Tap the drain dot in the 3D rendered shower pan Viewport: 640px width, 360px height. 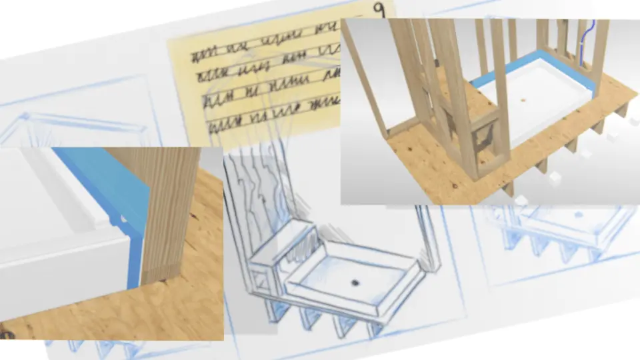pyautogui.click(x=523, y=100)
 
